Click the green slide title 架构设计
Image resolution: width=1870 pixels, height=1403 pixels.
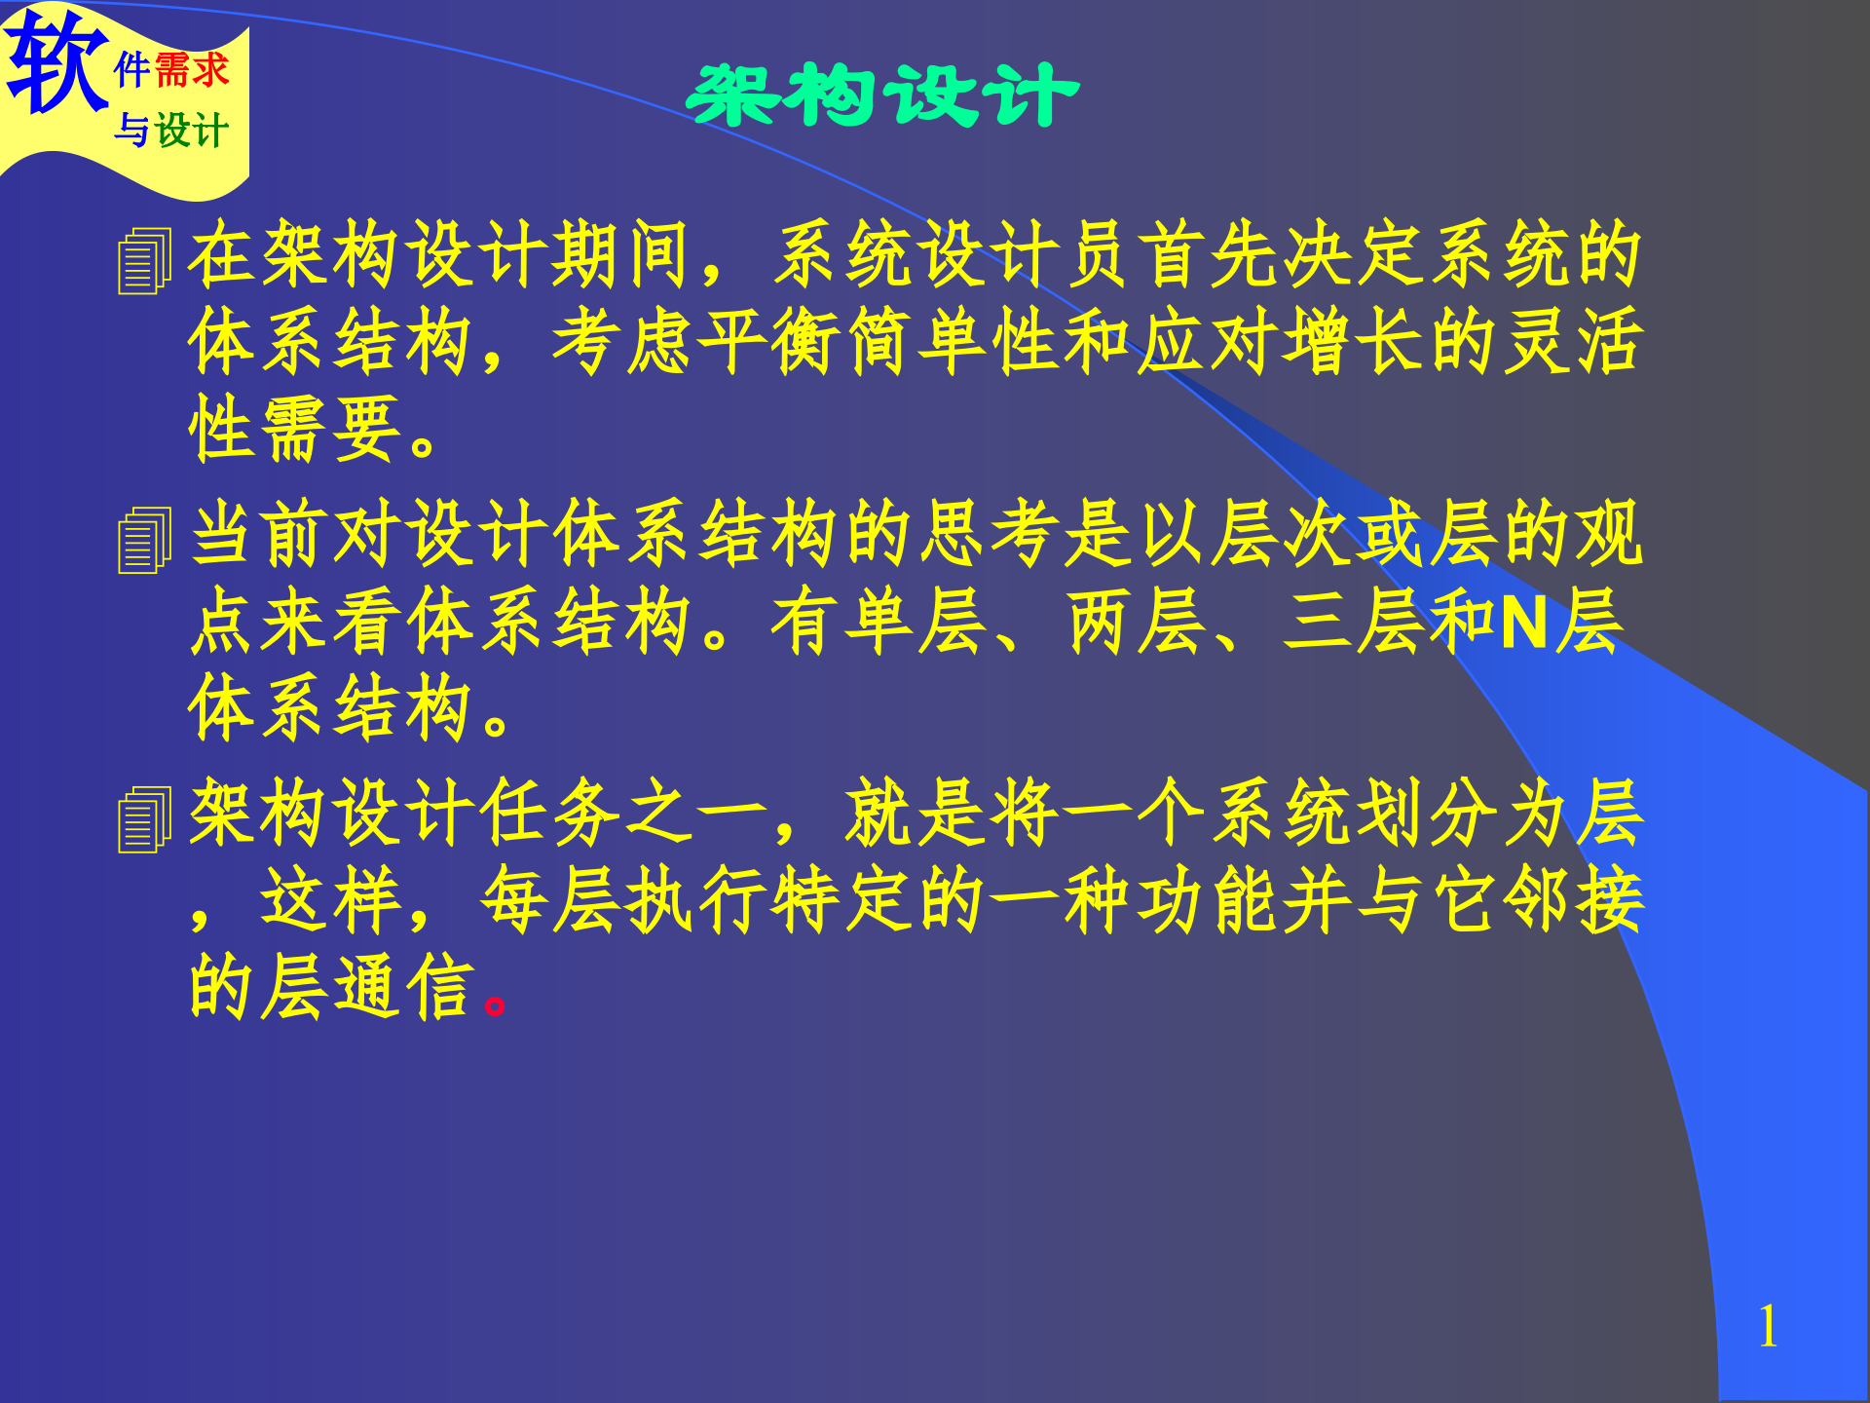click(882, 95)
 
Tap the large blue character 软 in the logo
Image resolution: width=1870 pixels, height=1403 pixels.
click(56, 63)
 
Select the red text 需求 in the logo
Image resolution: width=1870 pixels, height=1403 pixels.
click(192, 71)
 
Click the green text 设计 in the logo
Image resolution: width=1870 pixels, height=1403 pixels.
click(192, 131)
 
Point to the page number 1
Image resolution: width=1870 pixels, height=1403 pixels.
click(1768, 1327)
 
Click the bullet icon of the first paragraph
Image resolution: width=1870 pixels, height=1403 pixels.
click(144, 261)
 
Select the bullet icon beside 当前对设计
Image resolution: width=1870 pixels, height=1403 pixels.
click(144, 541)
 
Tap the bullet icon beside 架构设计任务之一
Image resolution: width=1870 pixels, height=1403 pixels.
click(144, 819)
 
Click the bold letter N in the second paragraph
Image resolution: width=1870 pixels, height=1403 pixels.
click(1524, 624)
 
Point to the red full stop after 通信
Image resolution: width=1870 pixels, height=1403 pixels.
click(495, 1004)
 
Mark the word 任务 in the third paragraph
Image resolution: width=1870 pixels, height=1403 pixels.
click(550, 814)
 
